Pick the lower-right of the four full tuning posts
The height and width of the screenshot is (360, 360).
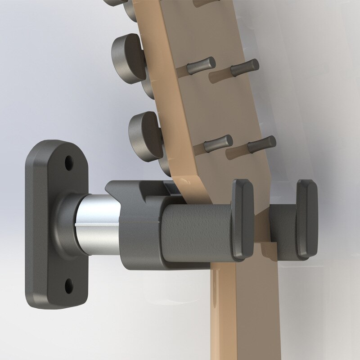click(261, 144)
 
